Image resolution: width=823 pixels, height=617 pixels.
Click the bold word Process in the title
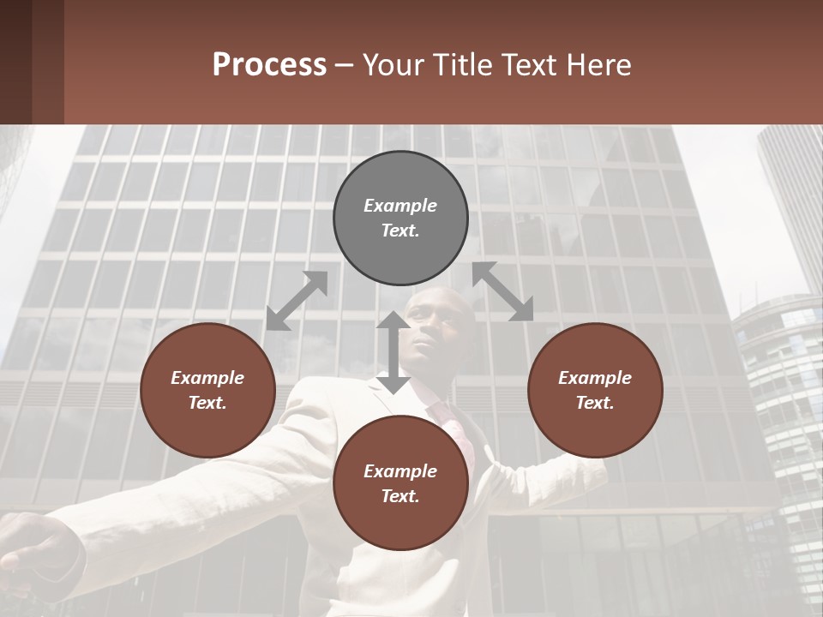click(269, 65)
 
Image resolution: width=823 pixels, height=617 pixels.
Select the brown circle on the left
click(207, 390)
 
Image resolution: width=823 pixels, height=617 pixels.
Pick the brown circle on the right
click(595, 390)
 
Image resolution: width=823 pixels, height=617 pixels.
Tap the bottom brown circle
click(400, 483)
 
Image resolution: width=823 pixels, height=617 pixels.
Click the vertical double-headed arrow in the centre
click(393, 352)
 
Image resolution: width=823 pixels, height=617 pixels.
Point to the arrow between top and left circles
click(297, 301)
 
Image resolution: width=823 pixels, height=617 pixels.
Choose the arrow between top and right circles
click(503, 292)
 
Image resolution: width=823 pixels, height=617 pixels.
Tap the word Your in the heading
click(393, 65)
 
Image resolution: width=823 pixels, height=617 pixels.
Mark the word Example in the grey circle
click(400, 206)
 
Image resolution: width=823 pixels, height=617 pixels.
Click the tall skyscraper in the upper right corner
click(793, 197)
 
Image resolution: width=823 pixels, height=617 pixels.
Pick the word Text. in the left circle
click(207, 403)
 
